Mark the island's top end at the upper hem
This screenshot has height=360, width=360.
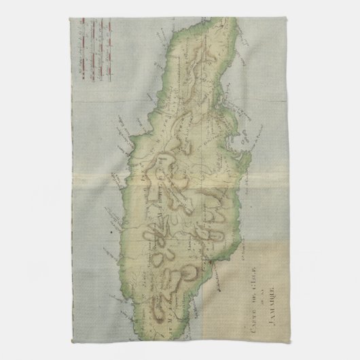(x=211, y=15)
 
